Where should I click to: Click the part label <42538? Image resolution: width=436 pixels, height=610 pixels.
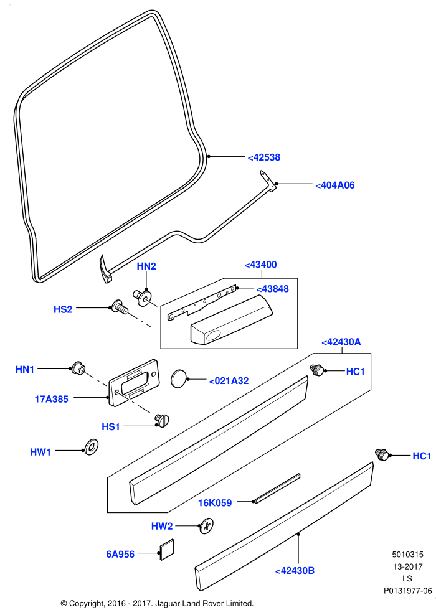[264, 157]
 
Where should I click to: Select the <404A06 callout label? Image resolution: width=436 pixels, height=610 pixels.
[335, 185]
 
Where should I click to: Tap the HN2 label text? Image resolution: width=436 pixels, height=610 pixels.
[146, 266]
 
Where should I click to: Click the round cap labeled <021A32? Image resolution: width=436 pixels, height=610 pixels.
[179, 378]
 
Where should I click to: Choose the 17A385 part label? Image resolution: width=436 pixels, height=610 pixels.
[51, 399]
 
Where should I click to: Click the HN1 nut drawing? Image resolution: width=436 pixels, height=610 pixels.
[78, 368]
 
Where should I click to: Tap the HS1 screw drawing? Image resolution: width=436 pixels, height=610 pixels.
[162, 420]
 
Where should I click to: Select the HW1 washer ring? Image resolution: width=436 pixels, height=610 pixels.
[91, 448]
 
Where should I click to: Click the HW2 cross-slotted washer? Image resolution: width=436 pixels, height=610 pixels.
[206, 526]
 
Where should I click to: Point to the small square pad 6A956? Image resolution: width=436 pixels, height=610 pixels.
[167, 549]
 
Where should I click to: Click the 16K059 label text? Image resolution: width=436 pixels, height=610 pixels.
[215, 503]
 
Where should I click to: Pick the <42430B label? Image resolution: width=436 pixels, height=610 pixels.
[295, 571]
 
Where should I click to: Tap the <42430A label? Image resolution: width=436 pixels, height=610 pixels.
[341, 342]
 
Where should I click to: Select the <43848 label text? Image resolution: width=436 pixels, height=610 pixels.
[273, 289]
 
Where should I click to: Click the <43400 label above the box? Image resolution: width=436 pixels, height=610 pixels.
[260, 265]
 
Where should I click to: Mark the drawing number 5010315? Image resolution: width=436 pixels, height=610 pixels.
[407, 555]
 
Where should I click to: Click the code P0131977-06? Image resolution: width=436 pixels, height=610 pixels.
[407, 591]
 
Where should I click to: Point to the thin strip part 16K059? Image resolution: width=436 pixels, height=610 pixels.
[277, 488]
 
